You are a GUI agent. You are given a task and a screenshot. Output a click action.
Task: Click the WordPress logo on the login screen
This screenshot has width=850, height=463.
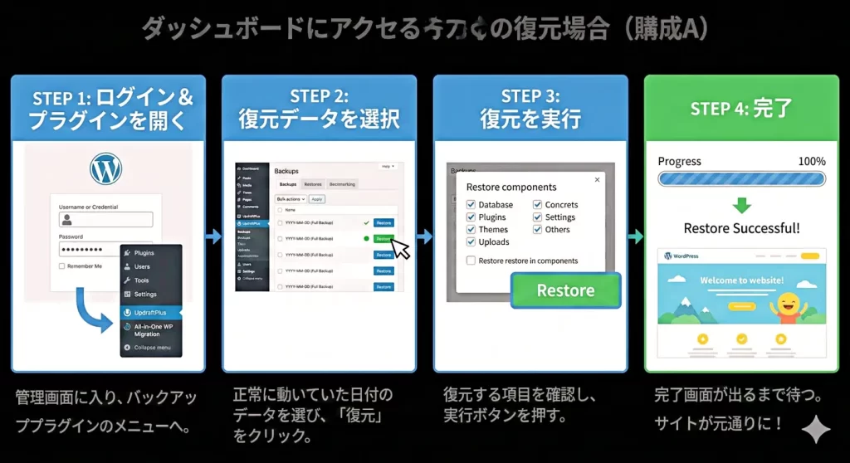pos(106,169)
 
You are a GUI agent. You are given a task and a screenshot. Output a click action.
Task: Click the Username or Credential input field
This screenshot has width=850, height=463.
pos(105,219)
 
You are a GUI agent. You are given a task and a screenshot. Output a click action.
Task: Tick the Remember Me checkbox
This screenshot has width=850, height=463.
pos(62,266)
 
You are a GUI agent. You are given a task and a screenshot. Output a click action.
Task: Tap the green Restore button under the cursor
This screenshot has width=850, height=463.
pos(383,239)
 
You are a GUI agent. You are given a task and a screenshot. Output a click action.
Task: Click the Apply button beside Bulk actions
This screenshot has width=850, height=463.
pos(317,199)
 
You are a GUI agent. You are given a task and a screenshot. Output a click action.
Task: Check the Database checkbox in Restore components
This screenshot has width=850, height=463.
pos(471,205)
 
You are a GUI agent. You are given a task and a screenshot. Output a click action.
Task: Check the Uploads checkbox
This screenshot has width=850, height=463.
pos(471,242)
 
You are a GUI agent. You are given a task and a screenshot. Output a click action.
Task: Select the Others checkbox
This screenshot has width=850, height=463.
pos(537,230)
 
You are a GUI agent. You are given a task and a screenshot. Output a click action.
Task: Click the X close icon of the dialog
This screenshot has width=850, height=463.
pos(596,179)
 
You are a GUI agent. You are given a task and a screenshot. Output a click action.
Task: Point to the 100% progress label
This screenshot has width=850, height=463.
pos(811,161)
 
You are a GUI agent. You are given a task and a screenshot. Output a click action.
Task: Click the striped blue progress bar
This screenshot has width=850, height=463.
pos(741,178)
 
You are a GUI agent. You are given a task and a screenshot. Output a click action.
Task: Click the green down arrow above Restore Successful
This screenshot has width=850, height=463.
pos(741,205)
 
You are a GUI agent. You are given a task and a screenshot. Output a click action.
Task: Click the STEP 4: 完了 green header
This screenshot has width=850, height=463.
pos(741,108)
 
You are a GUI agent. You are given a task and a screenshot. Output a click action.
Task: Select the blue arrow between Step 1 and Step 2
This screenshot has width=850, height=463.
pos(213,236)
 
